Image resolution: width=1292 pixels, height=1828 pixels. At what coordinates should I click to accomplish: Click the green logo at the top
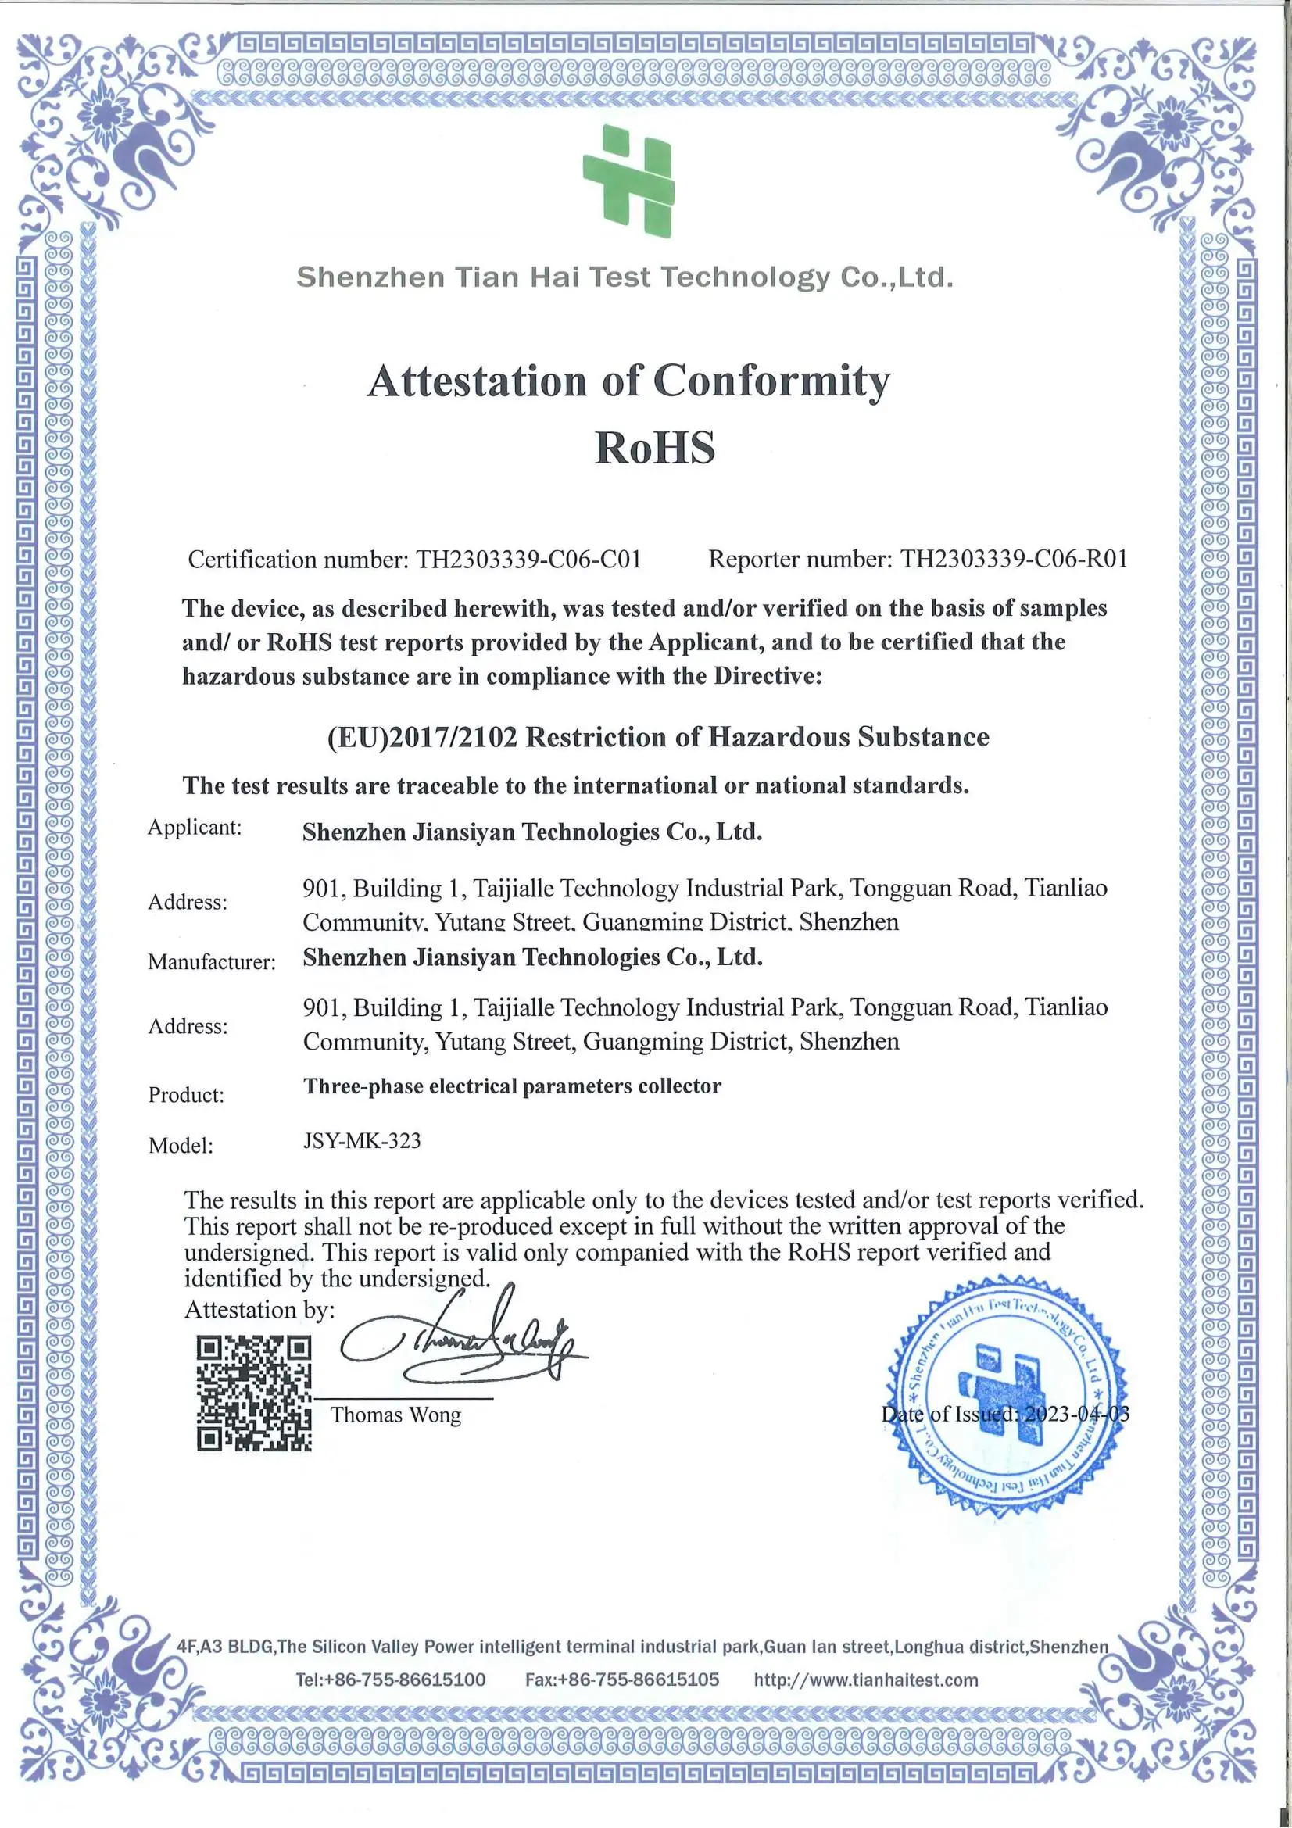point(629,181)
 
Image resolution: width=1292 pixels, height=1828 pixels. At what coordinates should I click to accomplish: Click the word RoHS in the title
point(654,448)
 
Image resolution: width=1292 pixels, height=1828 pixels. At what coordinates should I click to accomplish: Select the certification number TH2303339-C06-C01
point(528,560)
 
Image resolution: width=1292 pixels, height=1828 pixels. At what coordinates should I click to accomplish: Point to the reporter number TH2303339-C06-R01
point(1014,559)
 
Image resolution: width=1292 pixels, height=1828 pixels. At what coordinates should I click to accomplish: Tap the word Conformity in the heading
point(771,381)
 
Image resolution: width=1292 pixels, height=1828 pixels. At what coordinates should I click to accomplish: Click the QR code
point(254,1394)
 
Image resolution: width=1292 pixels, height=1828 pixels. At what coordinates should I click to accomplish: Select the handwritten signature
point(462,1345)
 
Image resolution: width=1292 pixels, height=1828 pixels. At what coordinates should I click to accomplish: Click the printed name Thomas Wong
point(395,1415)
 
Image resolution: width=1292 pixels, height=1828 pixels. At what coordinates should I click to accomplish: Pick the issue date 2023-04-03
point(1076,1414)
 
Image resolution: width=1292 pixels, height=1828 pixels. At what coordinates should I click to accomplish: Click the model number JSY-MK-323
point(362,1141)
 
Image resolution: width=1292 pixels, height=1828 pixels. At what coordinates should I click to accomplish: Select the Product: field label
point(186,1095)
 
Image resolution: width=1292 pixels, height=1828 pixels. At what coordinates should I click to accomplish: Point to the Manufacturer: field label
point(212,962)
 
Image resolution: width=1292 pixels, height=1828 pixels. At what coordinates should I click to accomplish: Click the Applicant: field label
point(195,827)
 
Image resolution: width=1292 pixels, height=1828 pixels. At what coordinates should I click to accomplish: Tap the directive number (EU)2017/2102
point(422,737)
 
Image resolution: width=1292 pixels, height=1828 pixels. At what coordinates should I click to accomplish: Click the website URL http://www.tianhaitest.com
point(866,1680)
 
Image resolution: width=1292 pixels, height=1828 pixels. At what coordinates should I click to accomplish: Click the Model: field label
point(181,1146)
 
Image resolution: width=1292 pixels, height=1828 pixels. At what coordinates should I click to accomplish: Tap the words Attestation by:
point(259,1310)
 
